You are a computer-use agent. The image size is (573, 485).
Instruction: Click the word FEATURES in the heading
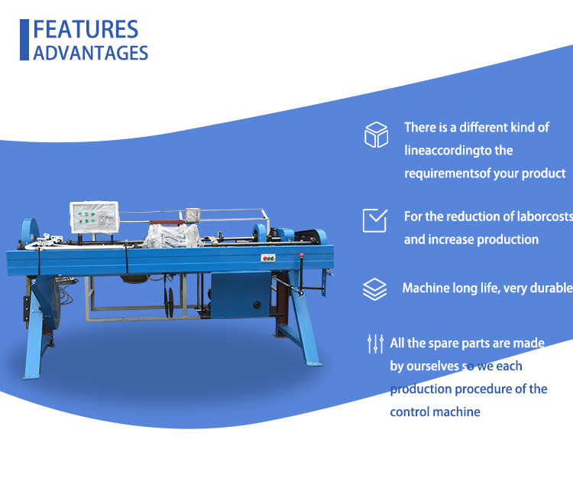coord(86,29)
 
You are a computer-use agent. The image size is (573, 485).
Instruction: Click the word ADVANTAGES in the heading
coord(91,53)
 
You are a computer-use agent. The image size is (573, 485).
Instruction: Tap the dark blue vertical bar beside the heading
coord(24,40)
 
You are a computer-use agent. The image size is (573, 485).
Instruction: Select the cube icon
coord(376,135)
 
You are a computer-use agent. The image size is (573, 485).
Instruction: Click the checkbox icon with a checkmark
coord(375,220)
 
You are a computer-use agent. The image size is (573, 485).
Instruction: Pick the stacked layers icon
coord(374,289)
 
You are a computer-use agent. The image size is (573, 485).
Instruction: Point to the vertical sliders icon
coord(375,343)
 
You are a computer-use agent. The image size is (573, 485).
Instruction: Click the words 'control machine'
coord(435,412)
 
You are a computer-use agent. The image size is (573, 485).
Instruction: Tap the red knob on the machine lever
coord(302,256)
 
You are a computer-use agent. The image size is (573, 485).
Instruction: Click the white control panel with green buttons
coord(94,217)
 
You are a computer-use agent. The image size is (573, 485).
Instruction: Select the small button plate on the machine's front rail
coord(268,258)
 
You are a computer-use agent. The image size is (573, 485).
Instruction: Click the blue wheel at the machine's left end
coord(30,231)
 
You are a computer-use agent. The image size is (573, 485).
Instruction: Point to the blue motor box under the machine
coord(241,295)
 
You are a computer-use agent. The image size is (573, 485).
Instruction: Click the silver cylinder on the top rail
coord(193,216)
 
